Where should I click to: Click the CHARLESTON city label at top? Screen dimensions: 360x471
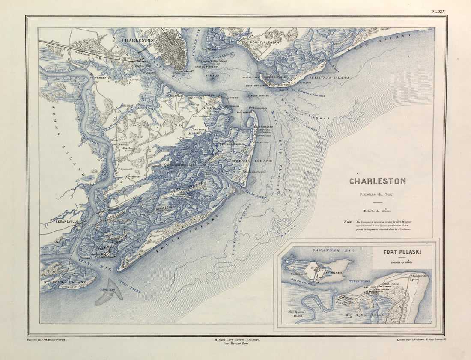tap(137, 40)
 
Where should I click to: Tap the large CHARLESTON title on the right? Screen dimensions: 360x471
tap(377, 181)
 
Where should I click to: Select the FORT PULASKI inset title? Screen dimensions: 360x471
tap(402, 252)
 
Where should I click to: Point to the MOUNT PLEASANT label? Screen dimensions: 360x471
tap(265, 43)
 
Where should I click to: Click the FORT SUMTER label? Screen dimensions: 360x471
tap(259, 95)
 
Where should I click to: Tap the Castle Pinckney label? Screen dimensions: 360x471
tap(207, 67)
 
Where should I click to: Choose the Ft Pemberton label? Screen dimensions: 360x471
tap(101, 78)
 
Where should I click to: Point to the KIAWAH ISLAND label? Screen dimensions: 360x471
tap(63, 283)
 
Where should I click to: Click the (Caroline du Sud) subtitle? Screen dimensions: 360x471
tap(377, 195)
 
